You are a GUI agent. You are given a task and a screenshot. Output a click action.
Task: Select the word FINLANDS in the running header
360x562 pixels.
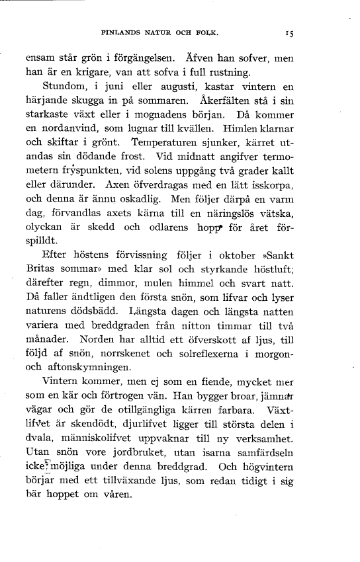tap(123, 31)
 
